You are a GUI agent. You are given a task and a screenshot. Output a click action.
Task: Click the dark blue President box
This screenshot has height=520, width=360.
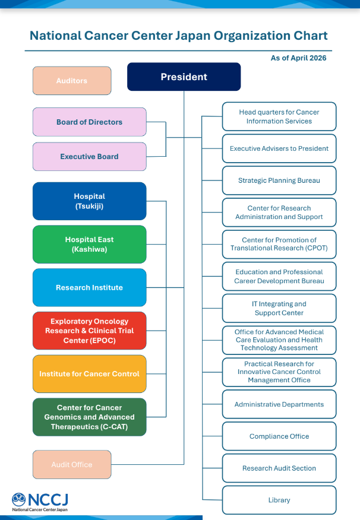coord(184,77)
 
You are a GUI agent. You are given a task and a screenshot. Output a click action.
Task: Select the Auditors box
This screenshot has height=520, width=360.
coord(72,81)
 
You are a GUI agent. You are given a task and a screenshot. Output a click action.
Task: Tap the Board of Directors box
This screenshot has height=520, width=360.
coord(89,122)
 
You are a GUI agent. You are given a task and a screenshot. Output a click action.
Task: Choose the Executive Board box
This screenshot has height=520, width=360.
coord(89,157)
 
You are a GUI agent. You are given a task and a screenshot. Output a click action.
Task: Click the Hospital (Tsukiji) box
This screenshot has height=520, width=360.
coord(89,201)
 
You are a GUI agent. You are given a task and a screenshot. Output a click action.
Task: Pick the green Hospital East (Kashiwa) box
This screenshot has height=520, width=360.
coord(89,245)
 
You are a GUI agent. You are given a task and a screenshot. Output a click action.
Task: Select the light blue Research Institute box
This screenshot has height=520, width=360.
coord(89,287)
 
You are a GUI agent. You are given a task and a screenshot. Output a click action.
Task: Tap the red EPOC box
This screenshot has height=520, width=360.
coord(89,331)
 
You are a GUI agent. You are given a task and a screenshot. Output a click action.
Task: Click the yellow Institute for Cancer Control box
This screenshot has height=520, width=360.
coord(89,374)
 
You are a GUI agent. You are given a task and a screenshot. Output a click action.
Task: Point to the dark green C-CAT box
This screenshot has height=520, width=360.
coord(89,417)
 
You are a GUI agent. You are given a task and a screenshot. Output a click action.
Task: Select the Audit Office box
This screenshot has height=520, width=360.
coord(72,464)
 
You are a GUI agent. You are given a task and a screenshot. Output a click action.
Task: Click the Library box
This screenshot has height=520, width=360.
coord(279,500)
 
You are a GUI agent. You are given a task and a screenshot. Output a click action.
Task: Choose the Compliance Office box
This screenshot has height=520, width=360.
coord(279,436)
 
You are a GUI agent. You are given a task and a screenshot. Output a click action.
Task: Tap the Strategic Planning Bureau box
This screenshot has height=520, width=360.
coord(279,180)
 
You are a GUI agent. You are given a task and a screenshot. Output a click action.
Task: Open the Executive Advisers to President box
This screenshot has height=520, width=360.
coord(279,148)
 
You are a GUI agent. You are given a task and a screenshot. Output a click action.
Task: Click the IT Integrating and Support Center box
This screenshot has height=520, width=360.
coord(279,308)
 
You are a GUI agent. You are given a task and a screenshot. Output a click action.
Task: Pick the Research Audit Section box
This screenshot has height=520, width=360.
coord(279,468)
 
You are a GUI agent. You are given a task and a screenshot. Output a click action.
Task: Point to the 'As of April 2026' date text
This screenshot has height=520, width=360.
coord(298,58)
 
